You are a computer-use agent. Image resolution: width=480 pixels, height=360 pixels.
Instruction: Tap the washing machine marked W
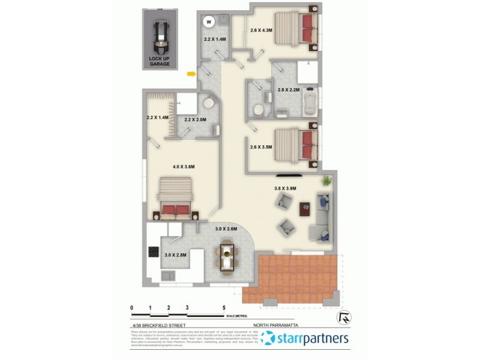click(209, 22)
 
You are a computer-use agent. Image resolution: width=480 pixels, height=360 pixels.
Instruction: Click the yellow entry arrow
click(191, 74)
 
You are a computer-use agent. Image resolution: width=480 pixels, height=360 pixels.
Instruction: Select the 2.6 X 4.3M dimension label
click(261, 29)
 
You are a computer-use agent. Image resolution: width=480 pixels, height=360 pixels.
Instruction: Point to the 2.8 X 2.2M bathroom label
click(288, 89)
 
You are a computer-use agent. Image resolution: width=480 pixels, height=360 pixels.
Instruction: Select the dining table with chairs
click(228, 256)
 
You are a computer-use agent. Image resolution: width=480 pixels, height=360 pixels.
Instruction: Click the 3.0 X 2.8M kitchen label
click(176, 255)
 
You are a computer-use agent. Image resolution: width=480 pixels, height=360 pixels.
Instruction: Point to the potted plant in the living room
click(326, 181)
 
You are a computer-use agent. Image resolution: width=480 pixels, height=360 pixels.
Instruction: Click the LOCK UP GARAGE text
click(160, 61)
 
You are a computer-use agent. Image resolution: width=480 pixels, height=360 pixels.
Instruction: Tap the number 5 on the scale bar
click(224, 307)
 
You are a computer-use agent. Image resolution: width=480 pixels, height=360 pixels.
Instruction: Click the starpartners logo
click(307, 339)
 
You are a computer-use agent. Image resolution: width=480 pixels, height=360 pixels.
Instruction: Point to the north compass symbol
click(344, 317)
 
